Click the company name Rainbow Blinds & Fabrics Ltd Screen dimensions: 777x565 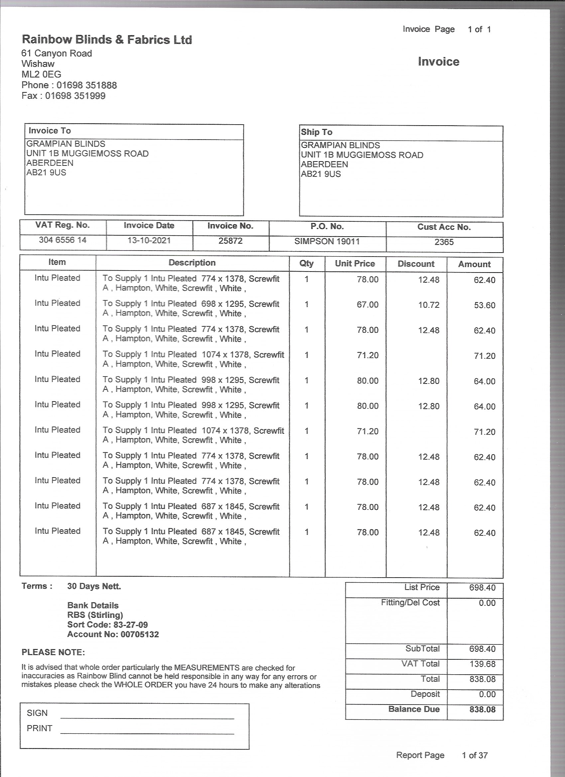coord(107,40)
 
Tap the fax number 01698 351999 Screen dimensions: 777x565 coord(75,96)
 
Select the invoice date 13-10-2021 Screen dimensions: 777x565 coord(149,241)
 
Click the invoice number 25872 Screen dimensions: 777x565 coord(230,241)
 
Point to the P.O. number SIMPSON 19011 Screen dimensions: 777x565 coord(327,242)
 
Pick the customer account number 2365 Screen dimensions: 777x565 coord(444,242)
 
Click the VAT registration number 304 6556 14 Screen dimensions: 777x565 coord(62,240)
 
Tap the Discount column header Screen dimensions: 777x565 coord(416,264)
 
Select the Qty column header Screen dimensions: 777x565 coord(306,263)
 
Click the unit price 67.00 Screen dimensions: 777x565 coord(367,304)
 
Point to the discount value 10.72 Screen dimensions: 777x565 coord(428,305)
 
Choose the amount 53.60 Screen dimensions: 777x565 coord(484,305)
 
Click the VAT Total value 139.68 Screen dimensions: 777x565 coord(482,664)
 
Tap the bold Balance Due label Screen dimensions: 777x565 coord(413,709)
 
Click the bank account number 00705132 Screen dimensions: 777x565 coord(140,634)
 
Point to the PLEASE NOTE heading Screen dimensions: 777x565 coord(53,652)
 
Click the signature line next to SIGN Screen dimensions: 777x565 coord(147,718)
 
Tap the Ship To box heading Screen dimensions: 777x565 coord(316,132)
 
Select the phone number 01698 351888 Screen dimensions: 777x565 coord(86,85)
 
